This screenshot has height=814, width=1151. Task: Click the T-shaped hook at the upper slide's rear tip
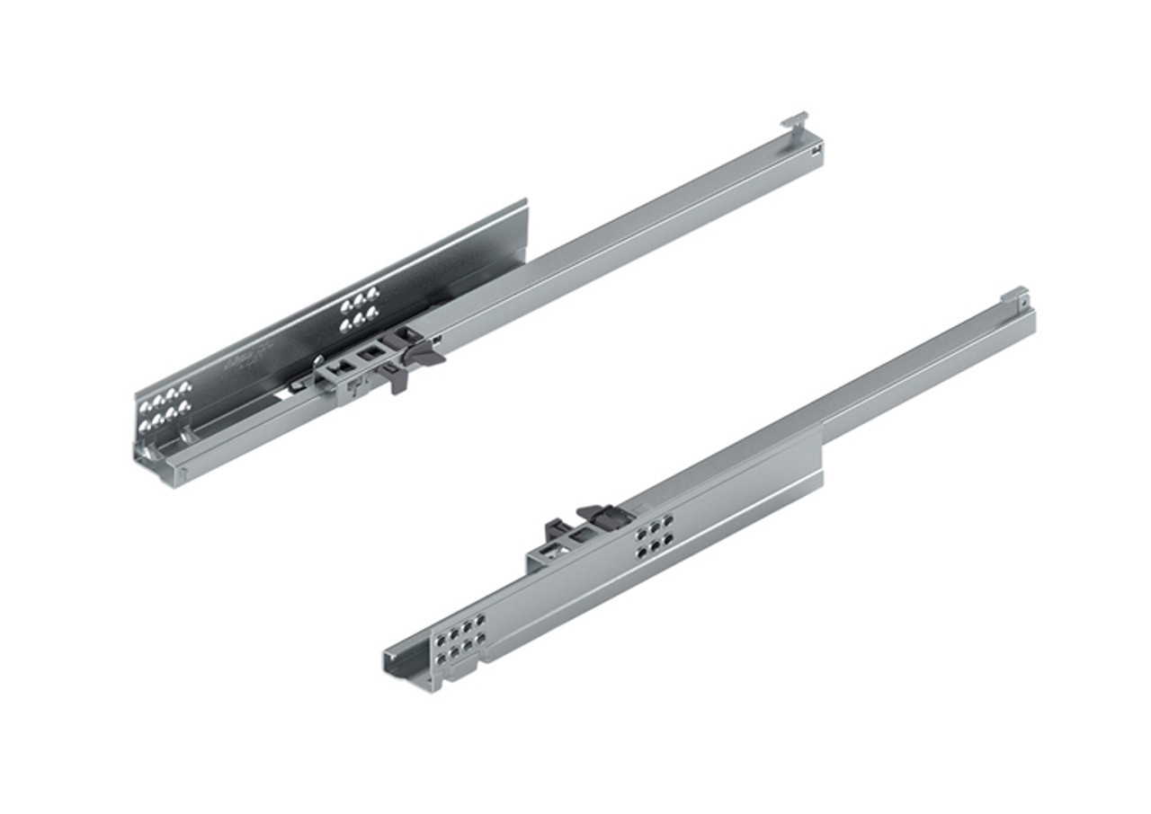(795, 119)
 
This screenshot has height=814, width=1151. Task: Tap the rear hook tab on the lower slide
(1014, 294)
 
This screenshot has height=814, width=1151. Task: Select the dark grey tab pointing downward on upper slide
(396, 381)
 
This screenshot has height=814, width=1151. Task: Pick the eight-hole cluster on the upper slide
(165, 406)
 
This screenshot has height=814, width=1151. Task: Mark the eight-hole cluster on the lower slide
(458, 639)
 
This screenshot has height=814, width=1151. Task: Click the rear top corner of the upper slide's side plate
(525, 205)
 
